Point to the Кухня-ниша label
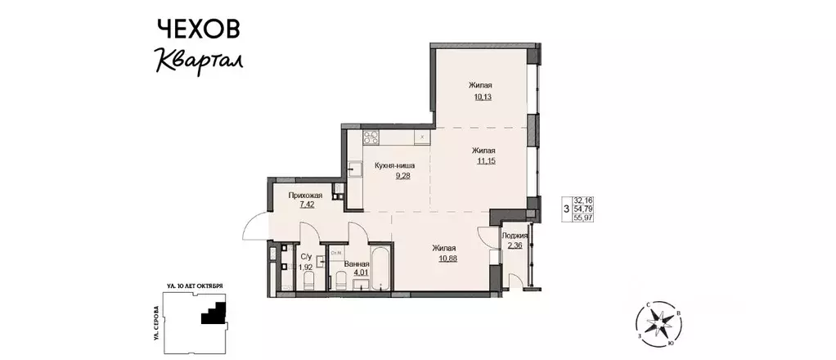point(395,165)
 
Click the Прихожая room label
point(305,196)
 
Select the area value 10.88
point(445,259)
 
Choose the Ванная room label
point(355,264)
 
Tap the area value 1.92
point(304,266)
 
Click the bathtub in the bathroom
point(381,271)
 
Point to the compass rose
point(658,325)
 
